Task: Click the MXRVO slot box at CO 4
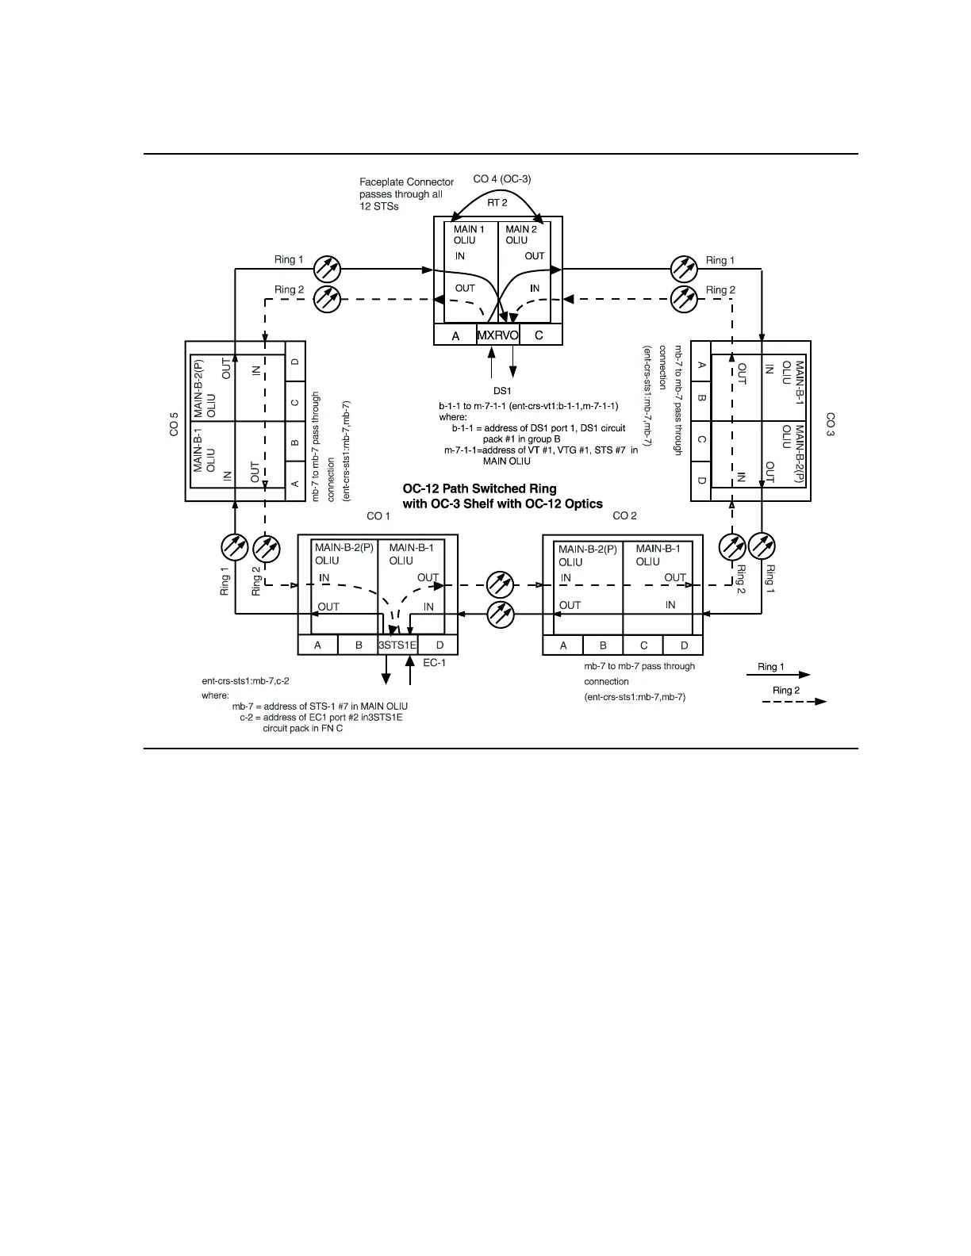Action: coord(497,335)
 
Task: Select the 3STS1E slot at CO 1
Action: coord(397,645)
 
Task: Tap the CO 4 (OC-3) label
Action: coord(502,179)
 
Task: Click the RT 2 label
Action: coord(497,203)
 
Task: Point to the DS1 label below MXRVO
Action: coord(502,391)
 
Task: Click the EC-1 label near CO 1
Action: coord(434,663)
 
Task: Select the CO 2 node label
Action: coord(625,515)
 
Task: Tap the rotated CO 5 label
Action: coord(174,425)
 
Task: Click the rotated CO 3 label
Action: coord(830,424)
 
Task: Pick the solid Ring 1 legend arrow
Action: coord(778,675)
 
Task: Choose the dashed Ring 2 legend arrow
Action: coord(794,701)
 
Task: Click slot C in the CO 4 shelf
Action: coord(539,335)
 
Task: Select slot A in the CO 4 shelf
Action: coord(455,335)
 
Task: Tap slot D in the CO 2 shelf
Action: coord(684,645)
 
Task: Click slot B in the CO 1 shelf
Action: coord(359,645)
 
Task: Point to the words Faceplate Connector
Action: coord(406,182)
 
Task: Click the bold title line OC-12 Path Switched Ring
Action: coord(479,488)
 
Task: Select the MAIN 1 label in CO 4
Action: coord(469,229)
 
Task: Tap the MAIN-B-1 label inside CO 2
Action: coord(658,548)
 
